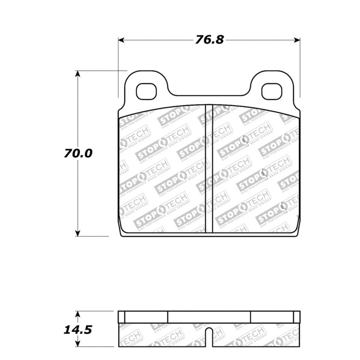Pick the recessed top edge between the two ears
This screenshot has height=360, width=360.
(x=209, y=95)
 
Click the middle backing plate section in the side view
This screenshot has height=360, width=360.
(x=209, y=317)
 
